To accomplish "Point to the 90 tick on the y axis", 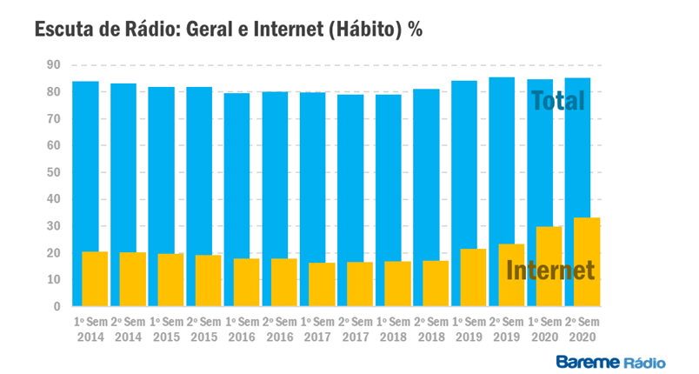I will click(x=53, y=65).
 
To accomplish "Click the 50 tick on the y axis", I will click(x=53, y=172).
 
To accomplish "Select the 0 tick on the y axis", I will click(x=57, y=306).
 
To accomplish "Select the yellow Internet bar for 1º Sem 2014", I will click(x=95, y=279).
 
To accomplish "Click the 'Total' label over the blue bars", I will click(x=557, y=101).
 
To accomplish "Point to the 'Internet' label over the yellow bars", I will click(x=550, y=270).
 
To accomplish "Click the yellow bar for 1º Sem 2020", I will click(x=549, y=266).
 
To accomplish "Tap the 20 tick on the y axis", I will click(x=53, y=253).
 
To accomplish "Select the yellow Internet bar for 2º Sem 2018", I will click(x=435, y=284).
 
